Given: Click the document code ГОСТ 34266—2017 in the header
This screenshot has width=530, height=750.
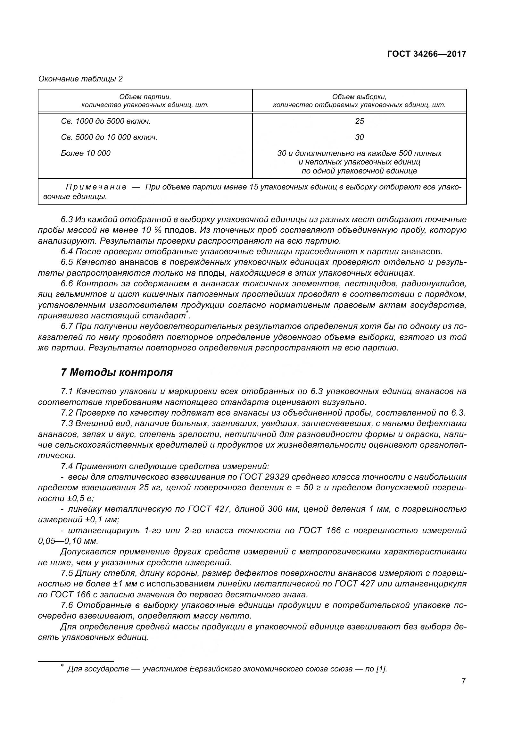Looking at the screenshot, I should pos(426,54).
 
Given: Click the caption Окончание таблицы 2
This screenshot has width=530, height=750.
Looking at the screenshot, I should pos(80,79).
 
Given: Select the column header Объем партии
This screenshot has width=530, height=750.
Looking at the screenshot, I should pos(145,97).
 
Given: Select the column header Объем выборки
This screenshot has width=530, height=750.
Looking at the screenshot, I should pos(359,97).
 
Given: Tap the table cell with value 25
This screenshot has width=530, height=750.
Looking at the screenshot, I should pos(359,121).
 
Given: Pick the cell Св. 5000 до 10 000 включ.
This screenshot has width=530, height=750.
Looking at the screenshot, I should pos(109,137).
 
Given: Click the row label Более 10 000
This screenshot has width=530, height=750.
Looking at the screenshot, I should pos(86,153).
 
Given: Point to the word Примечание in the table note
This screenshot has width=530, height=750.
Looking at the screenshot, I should pos(96,187).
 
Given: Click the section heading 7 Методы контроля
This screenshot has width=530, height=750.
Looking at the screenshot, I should pos(117,372).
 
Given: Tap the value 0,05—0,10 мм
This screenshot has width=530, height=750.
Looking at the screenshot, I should pos(68,541).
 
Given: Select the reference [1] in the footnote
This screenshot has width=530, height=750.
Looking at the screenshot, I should pos(381,669).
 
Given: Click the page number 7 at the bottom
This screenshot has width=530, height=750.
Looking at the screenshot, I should pos(463,691).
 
